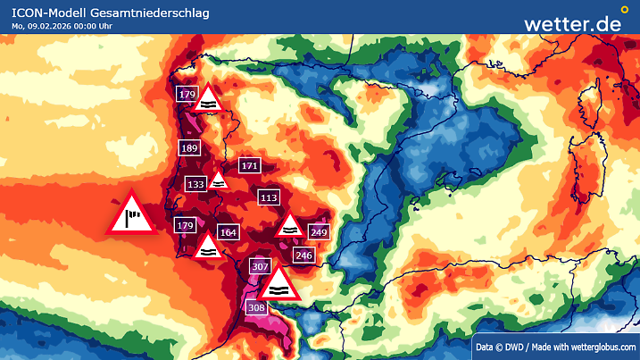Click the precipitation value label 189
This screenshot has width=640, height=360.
[x=189, y=148]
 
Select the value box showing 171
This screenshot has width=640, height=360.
[x=249, y=165]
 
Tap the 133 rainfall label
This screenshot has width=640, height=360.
[x=196, y=183]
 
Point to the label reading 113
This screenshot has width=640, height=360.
[x=268, y=197]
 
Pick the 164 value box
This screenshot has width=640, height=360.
[x=229, y=232]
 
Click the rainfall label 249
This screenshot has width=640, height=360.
[x=319, y=231]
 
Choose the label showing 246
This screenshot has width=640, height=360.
[x=303, y=255]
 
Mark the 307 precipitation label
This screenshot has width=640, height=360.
[x=261, y=266]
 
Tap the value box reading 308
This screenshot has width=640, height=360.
[x=256, y=307]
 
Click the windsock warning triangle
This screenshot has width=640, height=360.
[x=132, y=214]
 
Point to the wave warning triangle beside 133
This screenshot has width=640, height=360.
[x=219, y=179]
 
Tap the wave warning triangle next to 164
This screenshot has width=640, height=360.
[x=207, y=247]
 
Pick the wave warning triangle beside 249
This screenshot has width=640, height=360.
[x=290, y=226]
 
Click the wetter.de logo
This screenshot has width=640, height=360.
[x=572, y=23]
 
